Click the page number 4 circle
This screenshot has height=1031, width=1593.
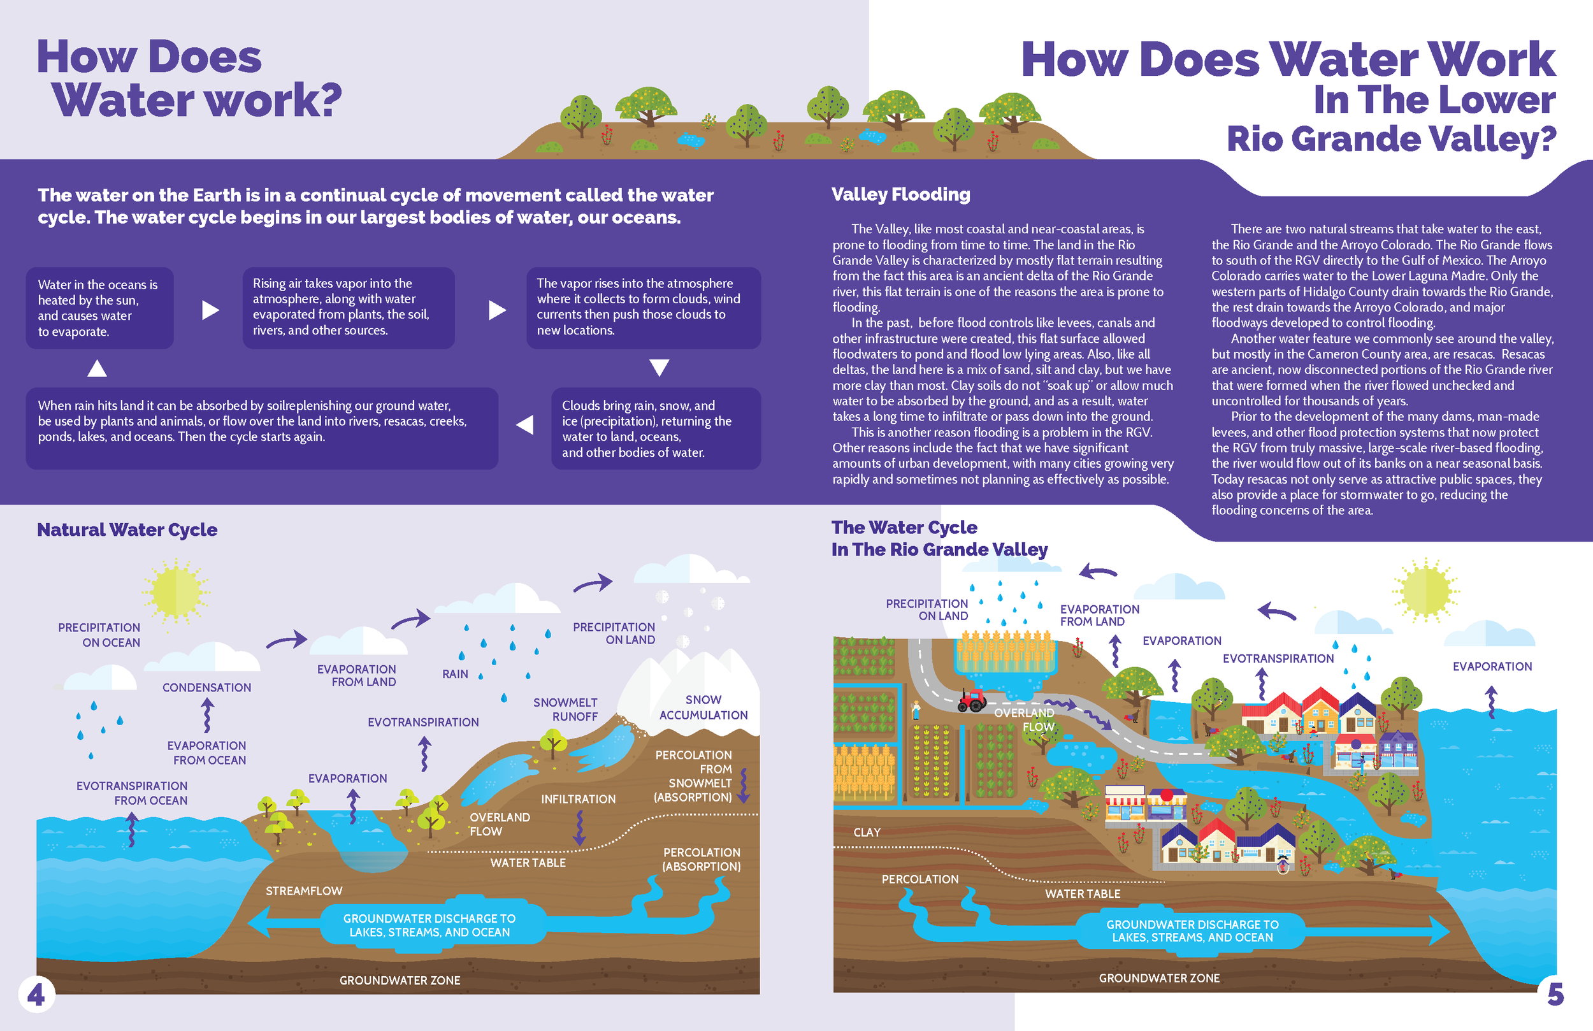(x=36, y=994)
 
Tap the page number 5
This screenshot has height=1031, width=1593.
(x=1555, y=994)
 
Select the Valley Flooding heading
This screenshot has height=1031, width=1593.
(x=900, y=194)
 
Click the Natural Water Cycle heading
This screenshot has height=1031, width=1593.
(x=127, y=530)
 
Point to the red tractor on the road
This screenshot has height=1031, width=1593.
(x=972, y=700)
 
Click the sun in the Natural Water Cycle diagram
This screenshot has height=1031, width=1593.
(x=176, y=592)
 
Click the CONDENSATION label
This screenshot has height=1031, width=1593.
(x=207, y=688)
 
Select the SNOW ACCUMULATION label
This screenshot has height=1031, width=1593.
(x=703, y=707)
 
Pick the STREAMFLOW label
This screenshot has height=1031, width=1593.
(x=304, y=891)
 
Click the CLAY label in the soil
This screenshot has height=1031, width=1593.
(x=867, y=832)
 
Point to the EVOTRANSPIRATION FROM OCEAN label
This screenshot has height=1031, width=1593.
(x=132, y=793)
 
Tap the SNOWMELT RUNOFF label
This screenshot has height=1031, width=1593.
(x=566, y=710)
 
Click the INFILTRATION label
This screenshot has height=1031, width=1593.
(x=579, y=799)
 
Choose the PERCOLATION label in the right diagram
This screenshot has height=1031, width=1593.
(x=919, y=879)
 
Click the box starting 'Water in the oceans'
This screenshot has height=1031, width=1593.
(x=99, y=308)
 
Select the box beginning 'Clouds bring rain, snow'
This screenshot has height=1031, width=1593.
(x=655, y=428)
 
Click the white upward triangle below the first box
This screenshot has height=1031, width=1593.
(x=97, y=368)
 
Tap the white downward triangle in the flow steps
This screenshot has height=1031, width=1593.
(x=660, y=368)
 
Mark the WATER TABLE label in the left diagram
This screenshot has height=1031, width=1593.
(x=528, y=863)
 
